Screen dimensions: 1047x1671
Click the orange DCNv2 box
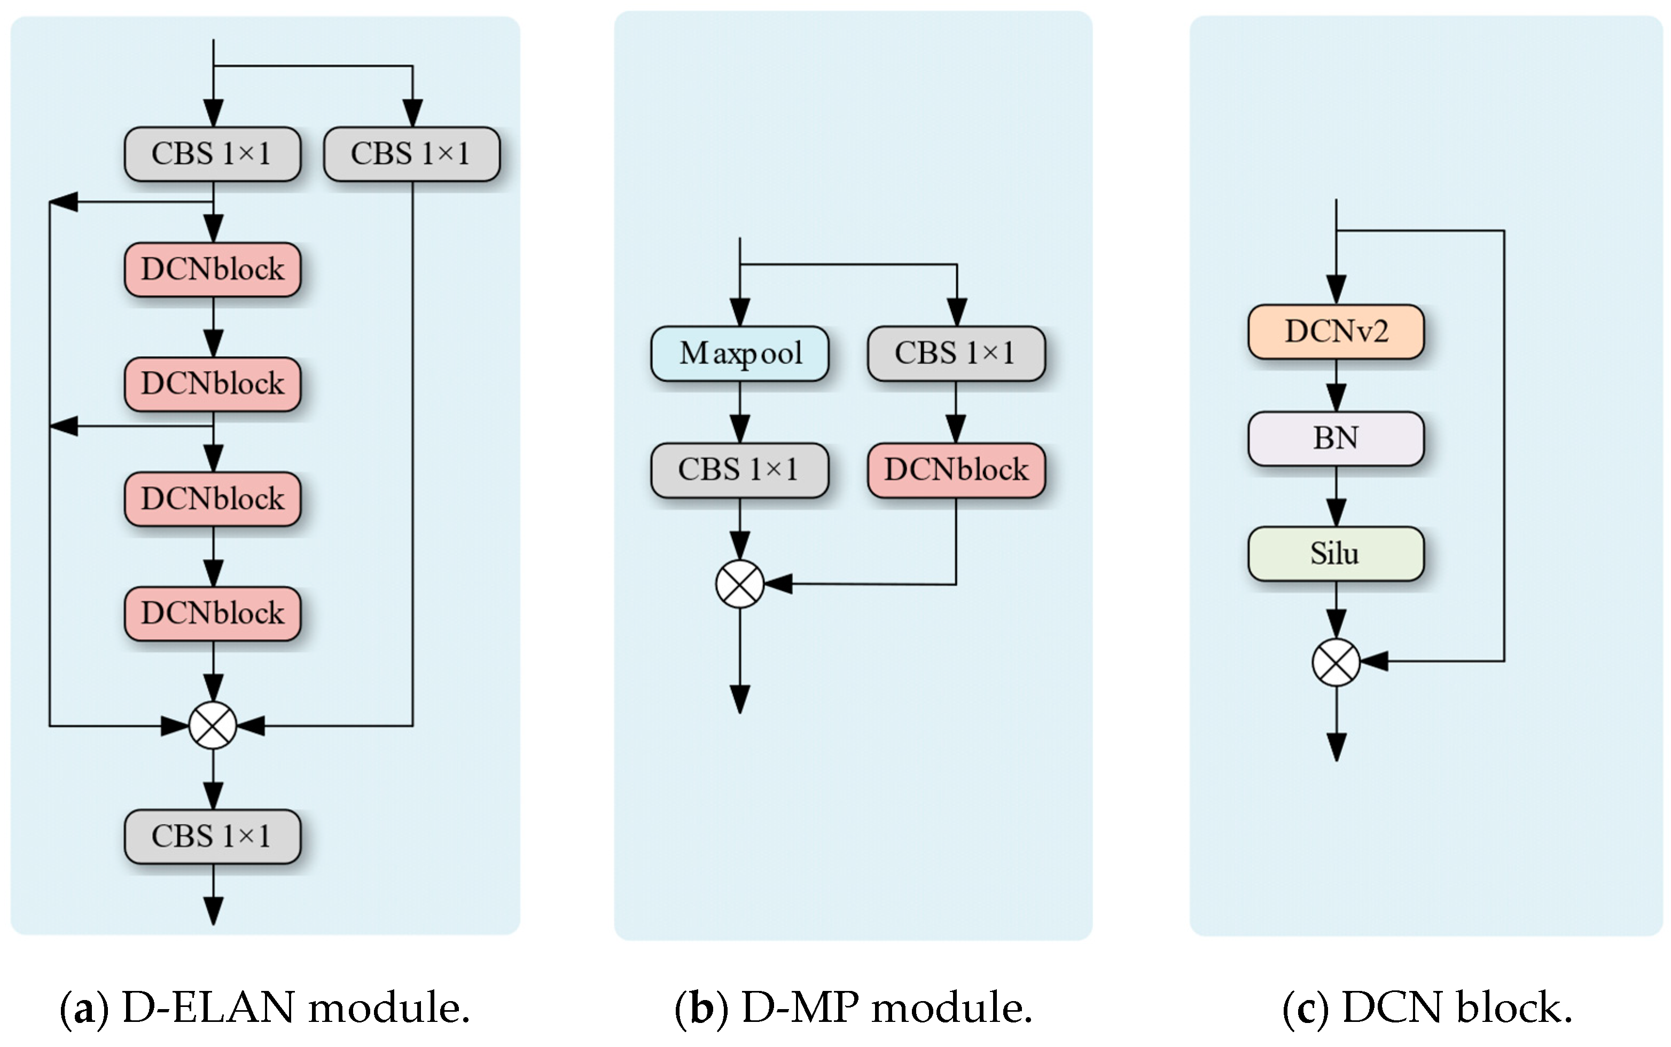tap(1335, 332)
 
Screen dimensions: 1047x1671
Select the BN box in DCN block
tap(1335, 438)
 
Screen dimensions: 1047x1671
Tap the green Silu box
tap(1335, 553)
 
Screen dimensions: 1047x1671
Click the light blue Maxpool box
tap(739, 353)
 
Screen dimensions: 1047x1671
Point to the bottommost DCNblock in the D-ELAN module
tap(213, 613)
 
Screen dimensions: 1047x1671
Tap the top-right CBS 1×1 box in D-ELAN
tap(411, 154)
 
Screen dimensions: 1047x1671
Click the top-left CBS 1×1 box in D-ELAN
tap(213, 154)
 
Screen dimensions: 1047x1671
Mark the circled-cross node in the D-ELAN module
tap(213, 725)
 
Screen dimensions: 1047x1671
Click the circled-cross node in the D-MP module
tap(739, 584)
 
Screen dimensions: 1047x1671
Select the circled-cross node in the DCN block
tap(1335, 662)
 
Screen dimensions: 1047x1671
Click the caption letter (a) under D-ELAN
tap(84, 1008)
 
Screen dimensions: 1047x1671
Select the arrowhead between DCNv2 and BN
tap(1335, 397)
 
